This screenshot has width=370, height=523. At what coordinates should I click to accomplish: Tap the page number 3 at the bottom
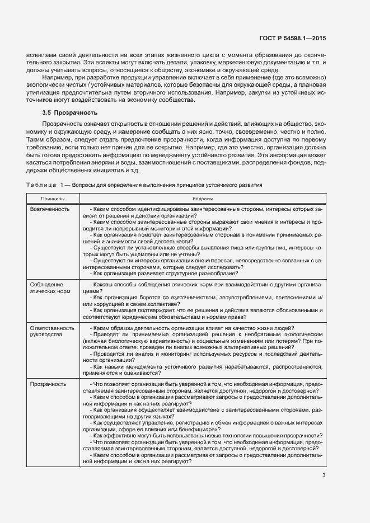[x=324, y=475]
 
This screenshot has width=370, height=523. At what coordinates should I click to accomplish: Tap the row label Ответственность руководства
[x=52, y=331]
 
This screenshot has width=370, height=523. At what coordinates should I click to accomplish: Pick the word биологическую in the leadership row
[x=120, y=340]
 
